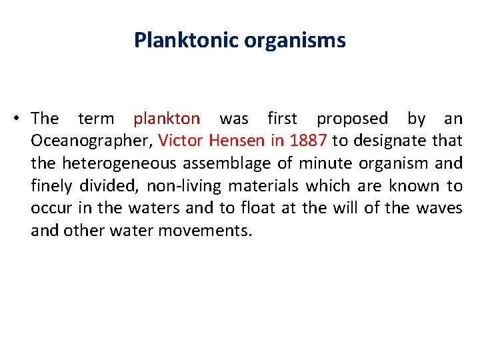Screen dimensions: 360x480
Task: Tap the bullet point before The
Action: [x=14, y=119]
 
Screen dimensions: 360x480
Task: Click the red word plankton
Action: [x=166, y=119]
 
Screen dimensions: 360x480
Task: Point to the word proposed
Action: [x=351, y=119]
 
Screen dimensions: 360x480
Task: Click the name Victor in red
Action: [x=181, y=141]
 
